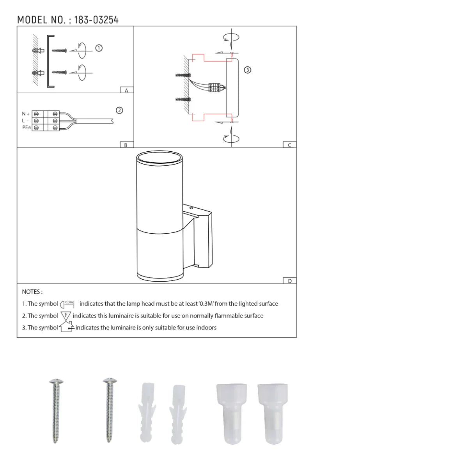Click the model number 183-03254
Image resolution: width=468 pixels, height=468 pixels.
(96, 20)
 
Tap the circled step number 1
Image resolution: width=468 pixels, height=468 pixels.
(99, 48)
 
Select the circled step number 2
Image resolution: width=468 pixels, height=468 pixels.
(120, 110)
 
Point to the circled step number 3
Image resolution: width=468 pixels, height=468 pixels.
(247, 70)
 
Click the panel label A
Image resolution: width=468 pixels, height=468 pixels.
(126, 90)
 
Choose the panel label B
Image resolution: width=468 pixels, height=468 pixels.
(126, 145)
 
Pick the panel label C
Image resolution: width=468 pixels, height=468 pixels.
(289, 145)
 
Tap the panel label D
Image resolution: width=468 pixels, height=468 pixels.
(289, 281)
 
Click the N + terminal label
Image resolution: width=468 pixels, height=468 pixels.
(26, 114)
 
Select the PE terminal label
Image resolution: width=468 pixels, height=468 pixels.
(26, 128)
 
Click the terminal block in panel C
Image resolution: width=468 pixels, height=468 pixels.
(214, 87)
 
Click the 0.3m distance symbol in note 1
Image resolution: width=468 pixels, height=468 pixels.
(67, 304)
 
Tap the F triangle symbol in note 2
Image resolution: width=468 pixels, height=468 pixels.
(66, 316)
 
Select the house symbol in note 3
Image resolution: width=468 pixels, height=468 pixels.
(66, 326)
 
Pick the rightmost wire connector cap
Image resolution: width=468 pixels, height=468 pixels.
(273, 413)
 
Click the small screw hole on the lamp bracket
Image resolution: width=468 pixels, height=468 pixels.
(191, 208)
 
